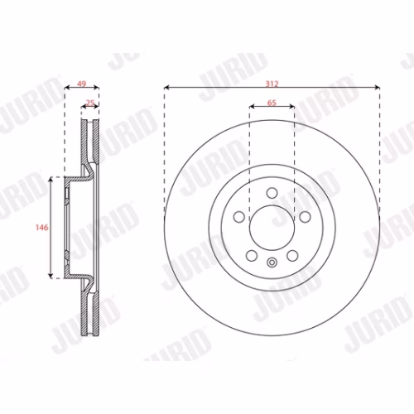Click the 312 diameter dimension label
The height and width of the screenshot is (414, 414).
tap(272, 84)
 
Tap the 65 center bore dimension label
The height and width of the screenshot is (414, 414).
tap(272, 103)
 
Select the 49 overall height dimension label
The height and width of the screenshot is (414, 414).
tap(82, 84)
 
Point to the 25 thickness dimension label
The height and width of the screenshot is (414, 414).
tap(90, 103)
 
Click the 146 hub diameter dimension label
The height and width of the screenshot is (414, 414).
tap(42, 228)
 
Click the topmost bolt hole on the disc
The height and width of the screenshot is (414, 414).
tap(272, 193)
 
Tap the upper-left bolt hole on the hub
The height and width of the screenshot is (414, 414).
tap(238, 217)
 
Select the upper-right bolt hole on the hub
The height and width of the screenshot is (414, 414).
tap(306, 217)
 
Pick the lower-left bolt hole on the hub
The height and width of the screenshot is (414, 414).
tap(252, 256)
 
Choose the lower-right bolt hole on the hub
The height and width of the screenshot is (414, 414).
tap(292, 256)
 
